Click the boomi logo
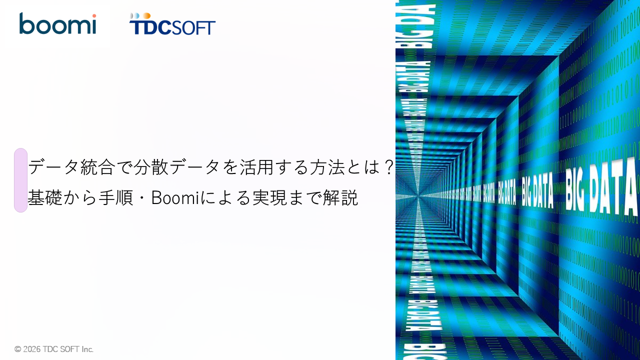(57, 23)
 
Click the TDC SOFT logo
(172, 24)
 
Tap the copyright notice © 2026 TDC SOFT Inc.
(54, 349)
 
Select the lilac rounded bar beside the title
(20, 180)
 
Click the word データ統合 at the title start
(65, 166)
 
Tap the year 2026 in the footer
(31, 349)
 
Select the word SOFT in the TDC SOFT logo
(194, 27)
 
